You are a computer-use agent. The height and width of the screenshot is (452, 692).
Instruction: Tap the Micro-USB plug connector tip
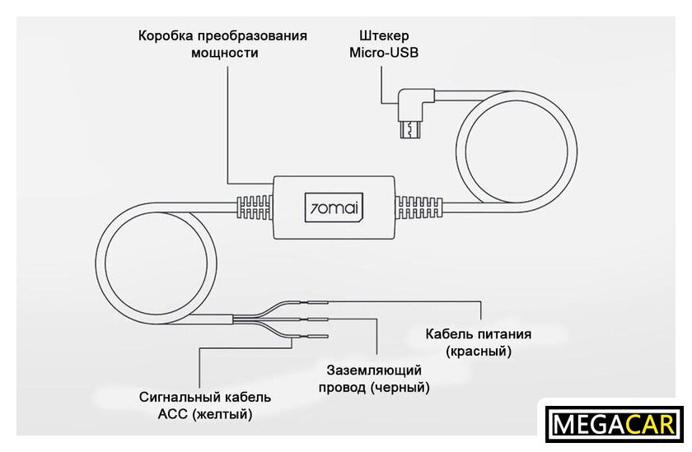(x=409, y=129)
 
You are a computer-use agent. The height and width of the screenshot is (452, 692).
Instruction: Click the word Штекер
(x=384, y=36)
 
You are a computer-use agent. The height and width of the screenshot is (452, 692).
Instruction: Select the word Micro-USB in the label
(x=384, y=53)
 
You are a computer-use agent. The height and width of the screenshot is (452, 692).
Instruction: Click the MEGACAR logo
(x=615, y=425)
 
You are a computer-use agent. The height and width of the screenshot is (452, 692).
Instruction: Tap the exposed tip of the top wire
(x=319, y=301)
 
